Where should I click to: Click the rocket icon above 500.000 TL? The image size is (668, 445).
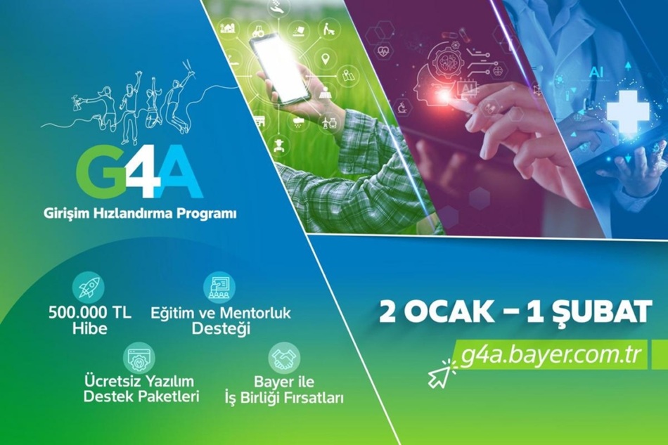click(x=89, y=288)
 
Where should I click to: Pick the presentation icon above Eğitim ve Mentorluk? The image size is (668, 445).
click(x=219, y=288)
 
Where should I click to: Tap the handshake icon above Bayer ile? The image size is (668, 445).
click(x=284, y=358)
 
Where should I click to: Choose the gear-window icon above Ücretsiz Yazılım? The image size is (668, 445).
click(x=139, y=358)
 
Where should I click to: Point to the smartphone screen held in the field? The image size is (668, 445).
click(x=279, y=67)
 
